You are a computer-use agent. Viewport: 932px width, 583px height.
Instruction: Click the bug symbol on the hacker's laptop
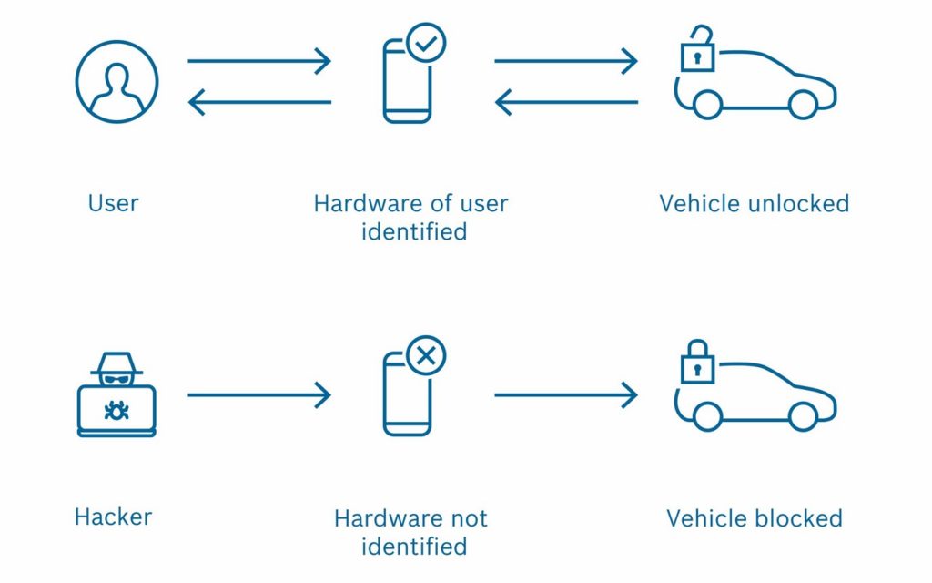click(116, 411)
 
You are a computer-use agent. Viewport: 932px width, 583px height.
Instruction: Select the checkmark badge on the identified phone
click(426, 43)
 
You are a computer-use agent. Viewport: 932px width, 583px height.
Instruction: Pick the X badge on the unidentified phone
click(426, 356)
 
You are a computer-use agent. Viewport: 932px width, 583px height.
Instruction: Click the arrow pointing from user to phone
click(259, 61)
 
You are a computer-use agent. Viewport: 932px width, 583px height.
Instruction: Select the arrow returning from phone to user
click(259, 102)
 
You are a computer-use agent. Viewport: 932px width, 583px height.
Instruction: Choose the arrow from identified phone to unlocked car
click(566, 61)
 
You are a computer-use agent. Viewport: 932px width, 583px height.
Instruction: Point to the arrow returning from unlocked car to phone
click(566, 102)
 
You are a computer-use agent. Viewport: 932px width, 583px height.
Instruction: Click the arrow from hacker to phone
click(259, 395)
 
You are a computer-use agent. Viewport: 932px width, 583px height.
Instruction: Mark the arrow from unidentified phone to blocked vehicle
click(566, 395)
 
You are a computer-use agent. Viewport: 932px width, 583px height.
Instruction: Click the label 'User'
click(113, 203)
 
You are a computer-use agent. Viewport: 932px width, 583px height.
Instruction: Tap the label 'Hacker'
click(113, 517)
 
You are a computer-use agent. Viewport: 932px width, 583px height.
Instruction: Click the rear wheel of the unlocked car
click(707, 105)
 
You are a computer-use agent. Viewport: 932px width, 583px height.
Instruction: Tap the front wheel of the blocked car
click(803, 415)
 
